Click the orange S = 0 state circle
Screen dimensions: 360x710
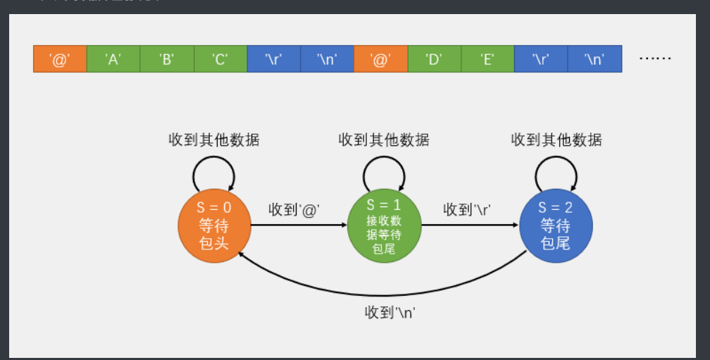coord(214,226)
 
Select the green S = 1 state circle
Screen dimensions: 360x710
coord(384,226)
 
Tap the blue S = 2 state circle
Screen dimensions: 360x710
coord(556,226)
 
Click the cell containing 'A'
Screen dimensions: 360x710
coord(113,58)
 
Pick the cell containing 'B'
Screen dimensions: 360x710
coord(167,58)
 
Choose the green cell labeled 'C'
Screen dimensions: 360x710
coord(220,58)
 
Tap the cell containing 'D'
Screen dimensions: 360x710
coord(434,58)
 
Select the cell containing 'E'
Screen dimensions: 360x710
coord(487,58)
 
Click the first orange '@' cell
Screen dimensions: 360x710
coord(60,58)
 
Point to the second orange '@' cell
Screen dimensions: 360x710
coord(380,58)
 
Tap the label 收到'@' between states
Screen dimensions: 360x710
coord(294,209)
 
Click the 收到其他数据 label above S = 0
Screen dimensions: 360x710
coord(214,139)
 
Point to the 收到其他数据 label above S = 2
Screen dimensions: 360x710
coord(556,139)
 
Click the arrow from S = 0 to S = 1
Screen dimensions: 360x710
coord(299,226)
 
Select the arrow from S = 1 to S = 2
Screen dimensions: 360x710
coord(470,226)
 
